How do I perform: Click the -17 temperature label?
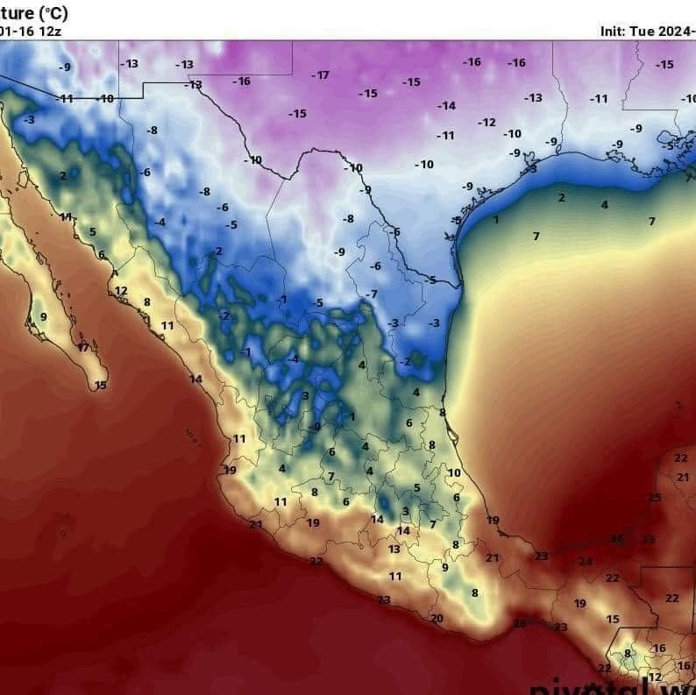[x=322, y=75]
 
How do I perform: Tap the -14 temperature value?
[x=447, y=106]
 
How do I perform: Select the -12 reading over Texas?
[x=486, y=123]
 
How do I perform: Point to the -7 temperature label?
[x=372, y=294]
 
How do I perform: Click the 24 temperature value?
[x=585, y=562]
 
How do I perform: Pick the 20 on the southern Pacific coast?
[x=437, y=619]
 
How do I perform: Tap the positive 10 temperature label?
[x=454, y=473]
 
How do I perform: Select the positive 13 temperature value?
[x=394, y=550]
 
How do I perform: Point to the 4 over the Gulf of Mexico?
[x=604, y=205]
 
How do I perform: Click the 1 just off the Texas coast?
[x=495, y=219]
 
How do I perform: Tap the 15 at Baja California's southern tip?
[x=101, y=386]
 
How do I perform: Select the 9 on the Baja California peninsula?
[x=43, y=317]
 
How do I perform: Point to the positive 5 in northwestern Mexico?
[x=92, y=232]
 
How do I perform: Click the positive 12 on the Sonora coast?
[x=121, y=291]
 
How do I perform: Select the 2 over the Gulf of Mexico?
[x=562, y=198]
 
